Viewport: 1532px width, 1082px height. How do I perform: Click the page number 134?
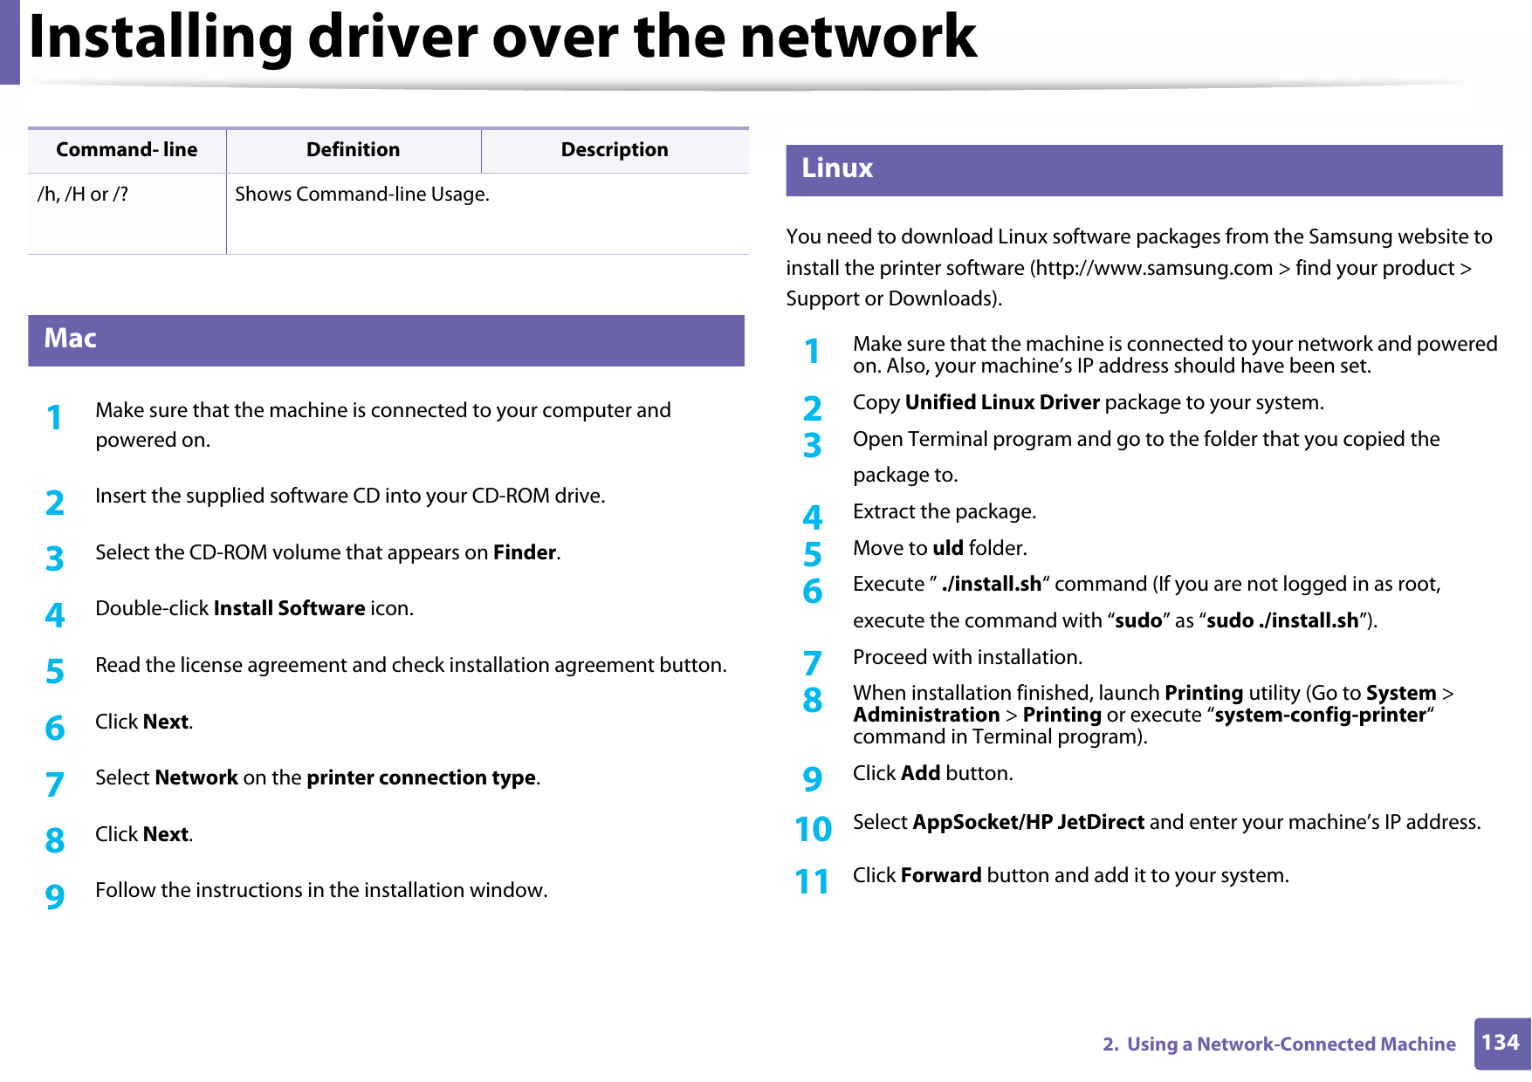coord(1500,1043)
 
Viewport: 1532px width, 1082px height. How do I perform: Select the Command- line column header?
coord(127,150)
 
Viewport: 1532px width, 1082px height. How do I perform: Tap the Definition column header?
coord(353,150)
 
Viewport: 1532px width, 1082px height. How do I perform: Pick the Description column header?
coord(615,150)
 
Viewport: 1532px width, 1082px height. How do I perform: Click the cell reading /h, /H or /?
coord(83,195)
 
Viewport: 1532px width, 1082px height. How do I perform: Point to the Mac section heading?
coord(71,339)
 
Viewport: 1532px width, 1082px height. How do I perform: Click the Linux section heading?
coord(837,168)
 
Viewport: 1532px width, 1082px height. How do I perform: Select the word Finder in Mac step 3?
coord(525,553)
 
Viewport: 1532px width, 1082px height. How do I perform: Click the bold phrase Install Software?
coord(289,609)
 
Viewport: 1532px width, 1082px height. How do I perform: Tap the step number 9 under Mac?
coord(55,896)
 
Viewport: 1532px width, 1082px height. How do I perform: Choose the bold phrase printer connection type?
coord(421,778)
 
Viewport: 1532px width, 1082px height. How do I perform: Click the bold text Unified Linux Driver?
coord(1002,403)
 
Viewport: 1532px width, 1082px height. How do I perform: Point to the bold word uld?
coord(948,549)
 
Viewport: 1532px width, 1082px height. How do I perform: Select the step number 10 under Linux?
coord(813,829)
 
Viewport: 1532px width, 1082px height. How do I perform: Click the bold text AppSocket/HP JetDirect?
coord(1028,823)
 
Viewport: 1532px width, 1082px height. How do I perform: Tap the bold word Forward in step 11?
coord(941,876)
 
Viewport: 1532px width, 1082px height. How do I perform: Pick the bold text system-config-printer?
coord(1320,716)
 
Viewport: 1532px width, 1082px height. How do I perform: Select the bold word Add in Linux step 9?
coord(920,774)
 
